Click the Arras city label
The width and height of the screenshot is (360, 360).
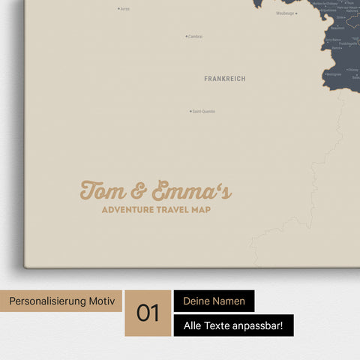[125, 9]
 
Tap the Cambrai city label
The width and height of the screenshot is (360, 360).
[196, 36]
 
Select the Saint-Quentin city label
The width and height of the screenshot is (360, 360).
[204, 112]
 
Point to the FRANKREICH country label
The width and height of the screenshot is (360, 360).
[224, 78]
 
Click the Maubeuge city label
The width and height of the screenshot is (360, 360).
[285, 13]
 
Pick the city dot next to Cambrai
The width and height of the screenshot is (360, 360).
[186, 36]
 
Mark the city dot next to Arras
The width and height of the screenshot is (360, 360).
[118, 9]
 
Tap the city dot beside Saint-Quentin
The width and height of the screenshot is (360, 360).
[190, 112]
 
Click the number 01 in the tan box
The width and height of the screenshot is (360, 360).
[148, 313]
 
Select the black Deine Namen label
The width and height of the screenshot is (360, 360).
[214, 301]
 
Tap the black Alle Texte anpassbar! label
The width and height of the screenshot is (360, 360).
[233, 325]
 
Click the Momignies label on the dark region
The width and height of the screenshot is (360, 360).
[334, 74]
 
